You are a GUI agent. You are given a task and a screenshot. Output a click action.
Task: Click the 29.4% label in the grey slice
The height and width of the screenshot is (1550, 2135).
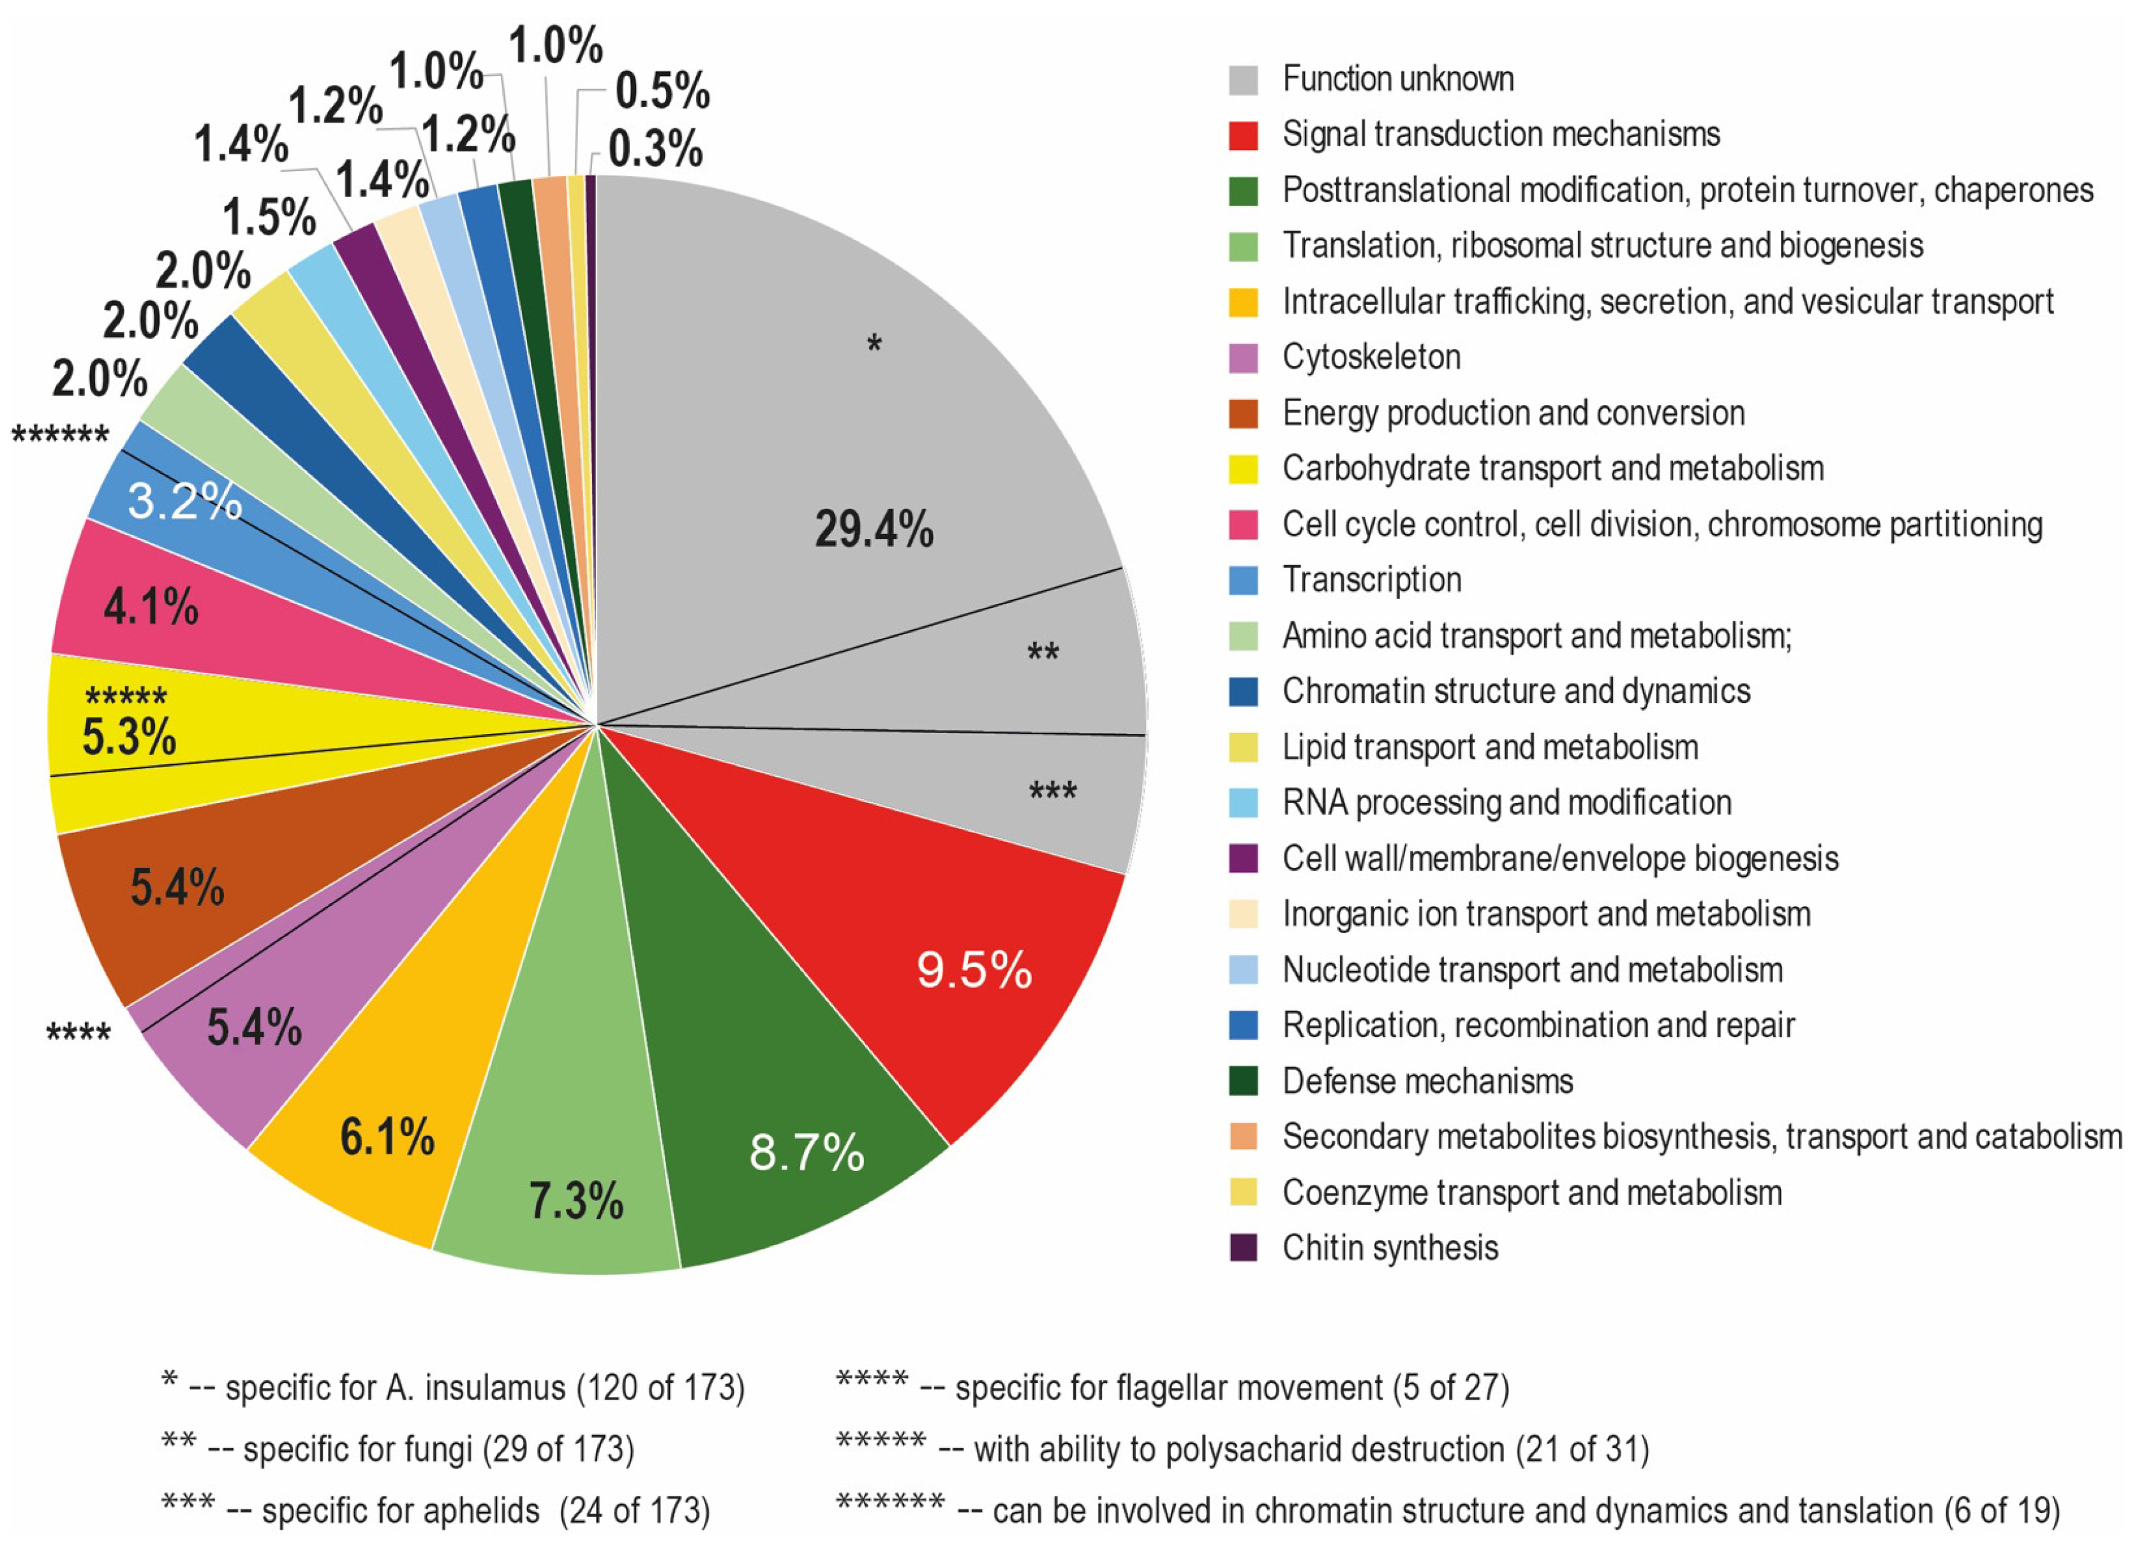pos(874,529)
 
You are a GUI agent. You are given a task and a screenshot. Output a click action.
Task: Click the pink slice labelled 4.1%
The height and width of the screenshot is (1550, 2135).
pos(151,607)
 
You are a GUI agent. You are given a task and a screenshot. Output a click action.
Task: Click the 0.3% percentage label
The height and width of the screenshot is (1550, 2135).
pos(655,149)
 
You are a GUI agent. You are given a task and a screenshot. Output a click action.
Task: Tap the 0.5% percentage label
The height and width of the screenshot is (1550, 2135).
pos(663,91)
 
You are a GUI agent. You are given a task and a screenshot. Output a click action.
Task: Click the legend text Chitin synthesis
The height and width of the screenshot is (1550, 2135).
pos(1390,1248)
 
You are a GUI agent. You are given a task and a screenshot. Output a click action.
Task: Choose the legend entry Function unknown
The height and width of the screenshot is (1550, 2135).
pos(1398,79)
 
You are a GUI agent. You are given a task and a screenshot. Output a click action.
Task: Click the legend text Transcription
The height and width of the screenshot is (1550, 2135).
pos(1372,580)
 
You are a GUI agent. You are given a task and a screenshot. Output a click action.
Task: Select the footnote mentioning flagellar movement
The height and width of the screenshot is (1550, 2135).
pos(1172,1387)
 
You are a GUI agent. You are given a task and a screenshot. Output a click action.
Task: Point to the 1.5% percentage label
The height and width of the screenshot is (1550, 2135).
pos(269,218)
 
